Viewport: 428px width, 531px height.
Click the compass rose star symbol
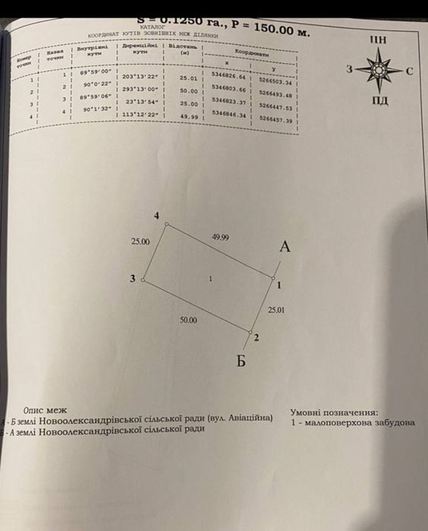[378, 70]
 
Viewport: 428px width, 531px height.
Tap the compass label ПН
[378, 40]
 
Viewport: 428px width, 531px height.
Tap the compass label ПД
[379, 101]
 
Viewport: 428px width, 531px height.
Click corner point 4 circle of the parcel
[168, 226]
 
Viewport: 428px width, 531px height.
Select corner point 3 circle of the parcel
[143, 280]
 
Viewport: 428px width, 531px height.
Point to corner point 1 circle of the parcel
[272, 279]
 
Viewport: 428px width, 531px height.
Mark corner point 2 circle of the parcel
[250, 331]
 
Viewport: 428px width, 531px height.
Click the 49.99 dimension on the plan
[220, 238]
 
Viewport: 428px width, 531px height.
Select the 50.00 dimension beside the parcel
[188, 321]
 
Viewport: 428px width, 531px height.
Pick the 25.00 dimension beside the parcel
[140, 242]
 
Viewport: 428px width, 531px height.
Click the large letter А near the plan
[285, 247]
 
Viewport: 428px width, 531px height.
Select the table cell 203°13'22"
[140, 76]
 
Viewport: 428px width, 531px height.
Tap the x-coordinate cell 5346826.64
[228, 77]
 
